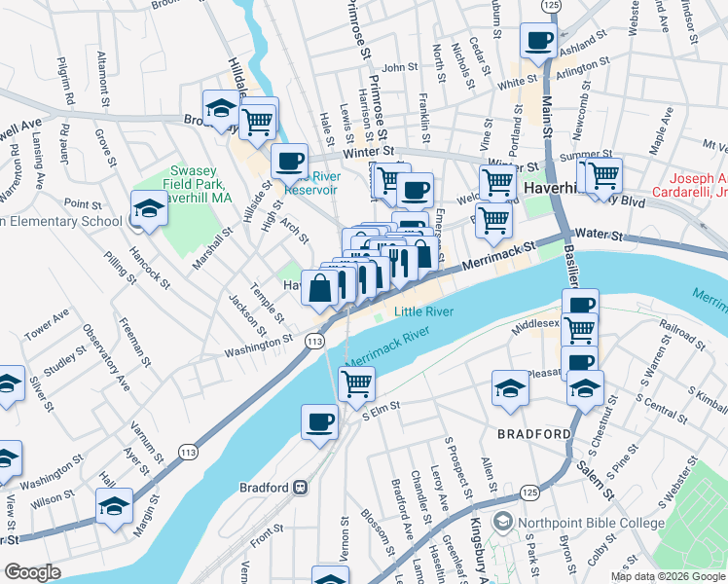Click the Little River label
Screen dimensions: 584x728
(x=424, y=311)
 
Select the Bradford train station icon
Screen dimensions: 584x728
(x=302, y=487)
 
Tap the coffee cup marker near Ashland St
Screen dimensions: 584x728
(x=538, y=43)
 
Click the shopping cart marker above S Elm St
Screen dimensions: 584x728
(x=356, y=383)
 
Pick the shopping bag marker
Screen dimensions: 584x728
(x=320, y=288)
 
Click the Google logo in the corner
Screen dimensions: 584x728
(x=32, y=572)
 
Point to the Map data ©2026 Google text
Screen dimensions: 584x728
(x=668, y=575)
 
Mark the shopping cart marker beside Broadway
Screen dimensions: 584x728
(x=258, y=121)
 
